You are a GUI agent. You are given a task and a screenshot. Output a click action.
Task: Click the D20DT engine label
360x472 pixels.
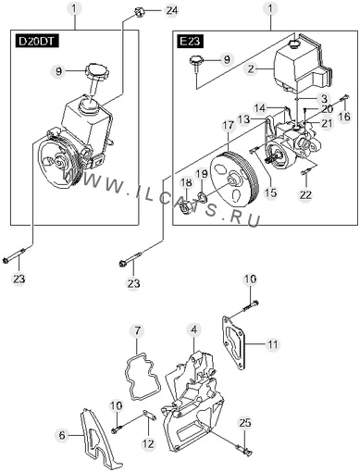point(37,42)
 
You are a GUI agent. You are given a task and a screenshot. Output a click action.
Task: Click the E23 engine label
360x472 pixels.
point(191,42)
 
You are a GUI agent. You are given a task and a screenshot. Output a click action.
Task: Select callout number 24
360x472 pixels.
point(172,10)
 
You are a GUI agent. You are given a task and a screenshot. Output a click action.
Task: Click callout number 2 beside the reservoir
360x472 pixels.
point(251,68)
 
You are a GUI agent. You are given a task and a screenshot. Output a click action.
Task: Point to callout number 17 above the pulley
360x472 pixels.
point(229,126)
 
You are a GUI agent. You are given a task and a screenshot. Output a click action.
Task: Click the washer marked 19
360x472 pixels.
point(203,195)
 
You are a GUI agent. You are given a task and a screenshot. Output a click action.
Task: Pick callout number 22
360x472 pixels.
point(305,194)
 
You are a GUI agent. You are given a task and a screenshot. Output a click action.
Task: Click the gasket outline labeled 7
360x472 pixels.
point(140,379)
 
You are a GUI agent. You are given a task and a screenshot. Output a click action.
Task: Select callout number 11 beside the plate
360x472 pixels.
point(273,344)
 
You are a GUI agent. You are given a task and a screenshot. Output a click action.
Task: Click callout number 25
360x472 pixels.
point(245,422)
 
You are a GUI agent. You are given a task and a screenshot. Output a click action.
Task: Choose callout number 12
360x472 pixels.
point(148,443)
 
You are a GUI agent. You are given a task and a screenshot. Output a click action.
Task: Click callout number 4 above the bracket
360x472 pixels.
point(193,329)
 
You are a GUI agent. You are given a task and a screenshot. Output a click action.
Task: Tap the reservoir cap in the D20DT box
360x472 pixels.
point(97,69)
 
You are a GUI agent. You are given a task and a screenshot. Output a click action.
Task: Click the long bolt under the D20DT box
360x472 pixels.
point(16,255)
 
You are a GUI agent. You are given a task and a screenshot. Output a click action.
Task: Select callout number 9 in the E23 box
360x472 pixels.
point(227,59)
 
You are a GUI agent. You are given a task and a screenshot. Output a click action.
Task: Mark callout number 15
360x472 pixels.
point(271,193)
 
